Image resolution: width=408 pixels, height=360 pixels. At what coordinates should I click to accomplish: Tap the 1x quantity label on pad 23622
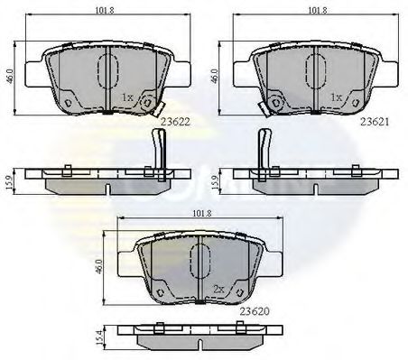pyautogui.click(x=128, y=96)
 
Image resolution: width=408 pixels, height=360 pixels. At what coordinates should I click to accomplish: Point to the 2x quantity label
pyautogui.click(x=218, y=289)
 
